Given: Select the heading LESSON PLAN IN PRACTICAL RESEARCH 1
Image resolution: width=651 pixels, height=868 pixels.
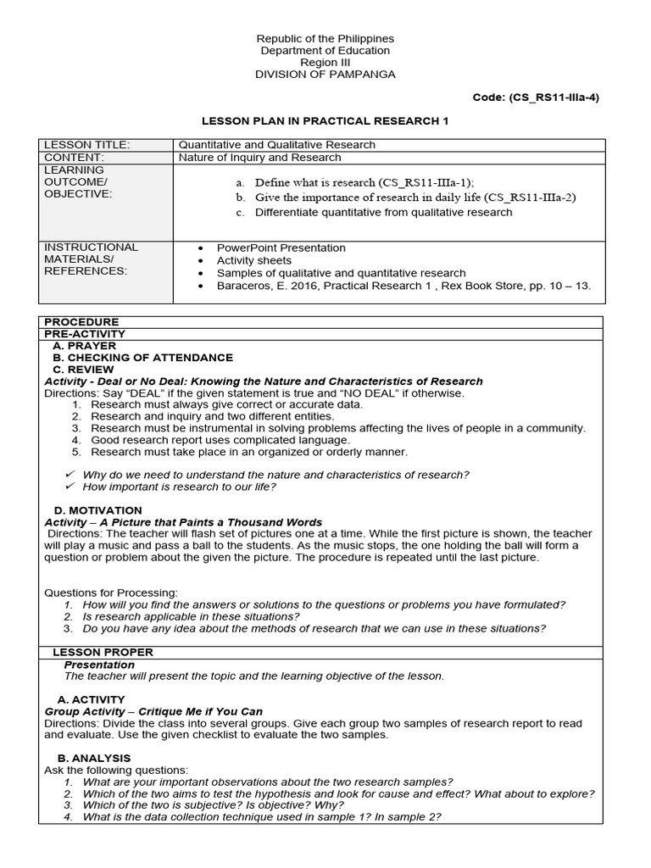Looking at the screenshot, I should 324,121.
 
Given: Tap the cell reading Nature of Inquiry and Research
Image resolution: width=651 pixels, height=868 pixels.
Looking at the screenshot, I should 259,158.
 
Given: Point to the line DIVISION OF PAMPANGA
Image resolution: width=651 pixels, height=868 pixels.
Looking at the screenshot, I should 325,75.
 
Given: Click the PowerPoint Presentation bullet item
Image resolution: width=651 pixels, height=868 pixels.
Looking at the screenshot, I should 281,248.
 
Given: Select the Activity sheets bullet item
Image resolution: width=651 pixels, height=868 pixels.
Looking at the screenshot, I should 253,260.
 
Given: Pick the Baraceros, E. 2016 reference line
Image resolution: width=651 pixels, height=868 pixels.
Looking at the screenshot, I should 403,286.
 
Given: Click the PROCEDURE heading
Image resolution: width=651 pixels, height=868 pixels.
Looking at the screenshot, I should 81,322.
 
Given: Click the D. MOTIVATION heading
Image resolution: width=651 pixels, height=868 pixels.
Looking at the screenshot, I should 97,510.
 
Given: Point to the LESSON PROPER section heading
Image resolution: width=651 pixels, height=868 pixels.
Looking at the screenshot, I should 103,652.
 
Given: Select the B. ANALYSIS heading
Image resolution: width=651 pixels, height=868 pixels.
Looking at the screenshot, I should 93,758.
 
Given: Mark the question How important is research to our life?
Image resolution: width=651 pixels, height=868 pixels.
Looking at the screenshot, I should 179,487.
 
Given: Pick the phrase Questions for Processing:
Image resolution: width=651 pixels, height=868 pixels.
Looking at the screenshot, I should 111,593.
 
